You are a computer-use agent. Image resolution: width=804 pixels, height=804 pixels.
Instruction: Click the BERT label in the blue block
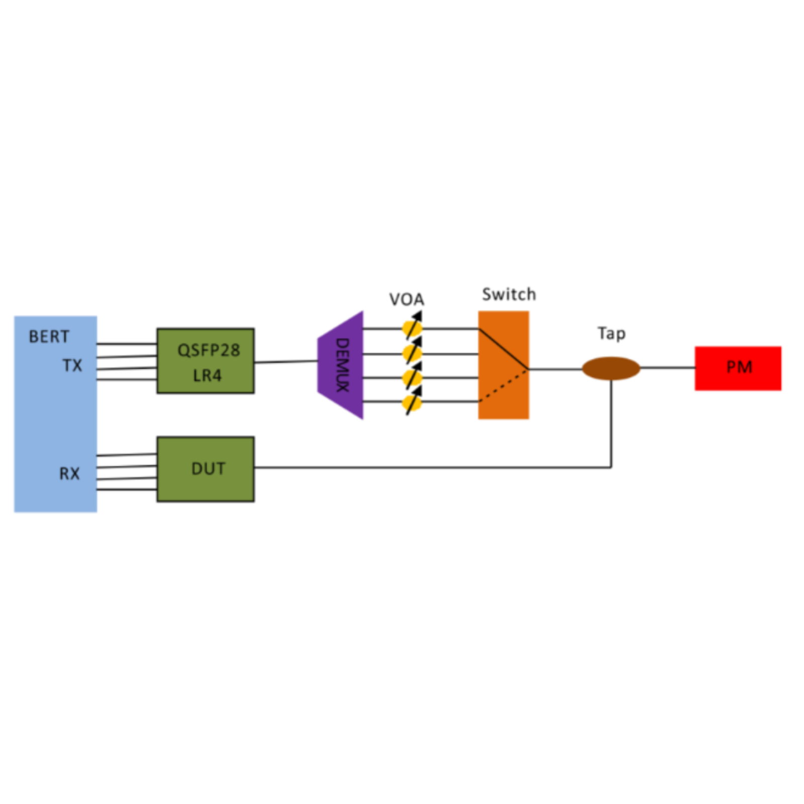pyautogui.click(x=49, y=336)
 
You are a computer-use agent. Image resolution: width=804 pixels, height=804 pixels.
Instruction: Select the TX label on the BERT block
pyautogui.click(x=72, y=365)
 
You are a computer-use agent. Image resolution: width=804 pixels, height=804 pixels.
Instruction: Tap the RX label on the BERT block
pyautogui.click(x=69, y=473)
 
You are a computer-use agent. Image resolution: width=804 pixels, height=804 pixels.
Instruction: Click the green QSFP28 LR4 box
pyautogui.click(x=206, y=361)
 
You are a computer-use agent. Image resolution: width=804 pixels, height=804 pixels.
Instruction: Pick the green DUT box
pyautogui.click(x=206, y=469)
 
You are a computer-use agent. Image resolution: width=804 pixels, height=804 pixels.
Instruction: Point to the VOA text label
pyautogui.click(x=407, y=299)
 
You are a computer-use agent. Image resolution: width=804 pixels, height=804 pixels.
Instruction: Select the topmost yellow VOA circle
pyautogui.click(x=412, y=329)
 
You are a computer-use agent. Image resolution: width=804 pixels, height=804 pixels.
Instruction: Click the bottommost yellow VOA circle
pyautogui.click(x=412, y=402)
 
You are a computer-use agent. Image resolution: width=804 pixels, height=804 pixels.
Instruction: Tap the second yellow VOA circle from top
pyautogui.click(x=412, y=353)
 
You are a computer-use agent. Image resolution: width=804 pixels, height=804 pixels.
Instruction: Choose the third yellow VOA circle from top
pyautogui.click(x=412, y=378)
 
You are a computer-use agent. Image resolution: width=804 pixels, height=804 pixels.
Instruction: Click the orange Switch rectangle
pyautogui.click(x=504, y=392)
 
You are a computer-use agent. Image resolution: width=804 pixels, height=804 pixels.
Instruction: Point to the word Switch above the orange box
pyautogui.click(x=509, y=294)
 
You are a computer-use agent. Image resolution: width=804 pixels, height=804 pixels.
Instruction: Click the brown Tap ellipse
pyautogui.click(x=611, y=368)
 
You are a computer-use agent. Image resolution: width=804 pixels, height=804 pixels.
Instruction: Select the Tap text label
pyautogui.click(x=612, y=334)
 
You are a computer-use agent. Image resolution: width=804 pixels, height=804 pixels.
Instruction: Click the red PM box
pyautogui.click(x=738, y=368)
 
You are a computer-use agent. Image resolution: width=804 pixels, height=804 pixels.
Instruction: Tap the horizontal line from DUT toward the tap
pyautogui.click(x=427, y=467)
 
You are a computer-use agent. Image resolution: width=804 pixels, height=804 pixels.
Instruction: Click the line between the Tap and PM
pyautogui.click(x=667, y=368)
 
